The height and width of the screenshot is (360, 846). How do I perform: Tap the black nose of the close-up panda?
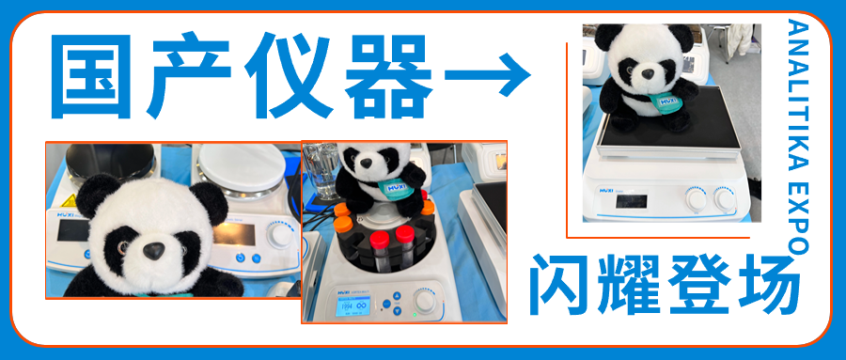(151, 250)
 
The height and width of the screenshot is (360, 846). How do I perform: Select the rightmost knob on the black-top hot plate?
(725, 199)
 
